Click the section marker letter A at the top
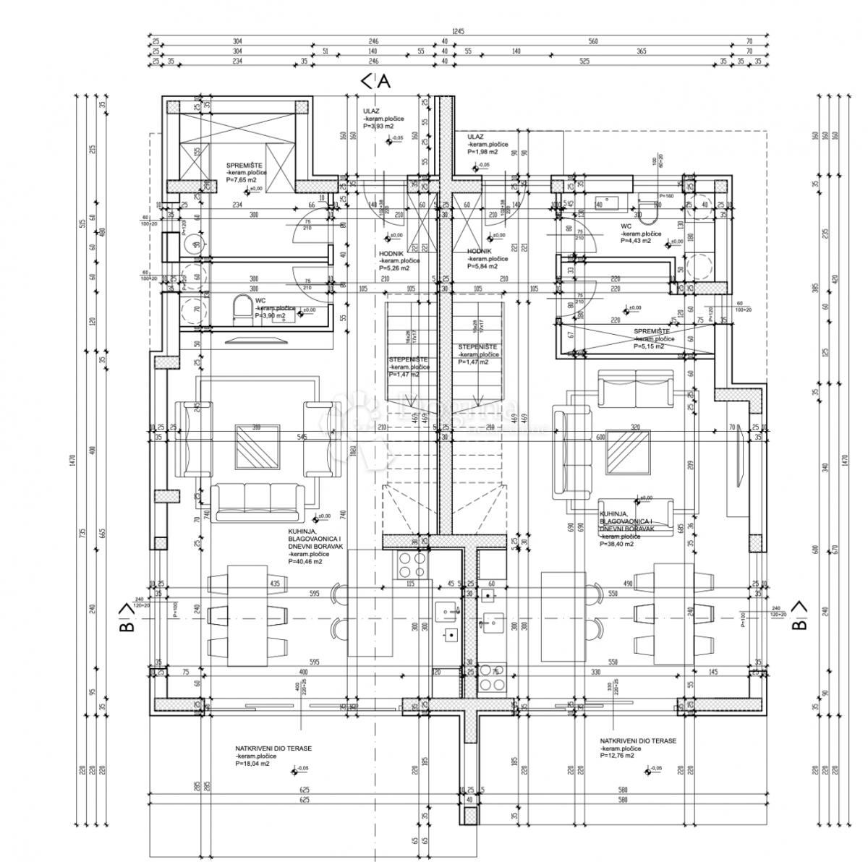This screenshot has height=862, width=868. click(383, 82)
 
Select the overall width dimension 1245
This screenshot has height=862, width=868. click(457, 31)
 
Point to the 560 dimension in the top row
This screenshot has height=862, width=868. click(593, 42)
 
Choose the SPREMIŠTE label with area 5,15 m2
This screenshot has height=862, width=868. click(655, 333)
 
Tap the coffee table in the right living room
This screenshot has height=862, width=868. click(627, 451)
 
